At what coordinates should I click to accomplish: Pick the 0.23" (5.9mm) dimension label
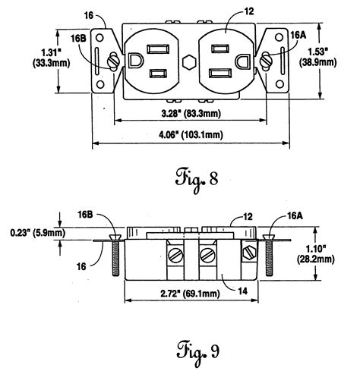coord(33,233)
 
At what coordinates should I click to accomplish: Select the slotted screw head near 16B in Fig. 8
coord(112,59)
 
